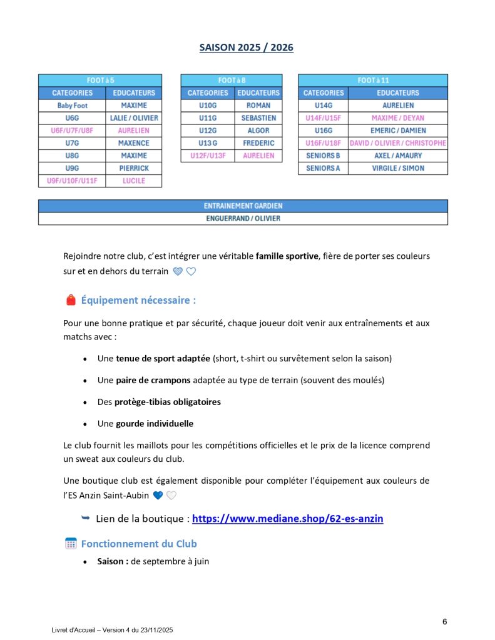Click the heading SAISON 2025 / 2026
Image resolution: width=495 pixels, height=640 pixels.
pyautogui.click(x=246, y=47)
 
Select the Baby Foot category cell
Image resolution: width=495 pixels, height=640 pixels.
pyautogui.click(x=72, y=106)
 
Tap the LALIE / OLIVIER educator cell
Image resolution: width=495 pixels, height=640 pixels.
pyautogui.click(x=134, y=118)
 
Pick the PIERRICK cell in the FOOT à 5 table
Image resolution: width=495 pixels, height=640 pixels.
pyautogui.click(x=134, y=168)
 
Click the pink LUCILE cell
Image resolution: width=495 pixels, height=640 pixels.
pyautogui.click(x=134, y=181)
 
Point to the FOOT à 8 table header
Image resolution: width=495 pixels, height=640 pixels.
pyautogui.click(x=232, y=81)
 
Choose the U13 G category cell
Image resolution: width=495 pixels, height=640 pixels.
pyautogui.click(x=207, y=143)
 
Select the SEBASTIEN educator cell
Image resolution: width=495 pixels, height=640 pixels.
pyautogui.click(x=258, y=118)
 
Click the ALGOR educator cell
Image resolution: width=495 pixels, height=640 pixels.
pyautogui.click(x=258, y=131)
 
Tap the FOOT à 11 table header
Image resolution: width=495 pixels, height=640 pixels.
pyautogui.click(x=373, y=81)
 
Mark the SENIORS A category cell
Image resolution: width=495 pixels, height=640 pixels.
pyautogui.click(x=323, y=168)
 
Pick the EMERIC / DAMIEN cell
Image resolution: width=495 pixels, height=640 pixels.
pyautogui.click(x=398, y=131)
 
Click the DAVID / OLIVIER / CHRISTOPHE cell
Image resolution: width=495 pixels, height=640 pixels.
pyautogui.click(x=398, y=143)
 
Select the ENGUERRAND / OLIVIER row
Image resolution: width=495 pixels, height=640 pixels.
pyautogui.click(x=243, y=219)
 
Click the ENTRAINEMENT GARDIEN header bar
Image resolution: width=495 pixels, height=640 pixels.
pyautogui.click(x=243, y=206)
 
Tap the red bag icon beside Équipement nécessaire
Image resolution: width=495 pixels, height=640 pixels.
pyautogui.click(x=71, y=301)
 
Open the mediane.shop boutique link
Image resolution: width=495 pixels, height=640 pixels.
pyautogui.click(x=287, y=519)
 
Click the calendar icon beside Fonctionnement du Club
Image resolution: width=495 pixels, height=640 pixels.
pyautogui.click(x=71, y=544)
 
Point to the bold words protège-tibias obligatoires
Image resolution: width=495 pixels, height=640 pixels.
pyautogui.click(x=168, y=402)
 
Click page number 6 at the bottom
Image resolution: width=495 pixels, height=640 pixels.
pyautogui.click(x=444, y=621)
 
